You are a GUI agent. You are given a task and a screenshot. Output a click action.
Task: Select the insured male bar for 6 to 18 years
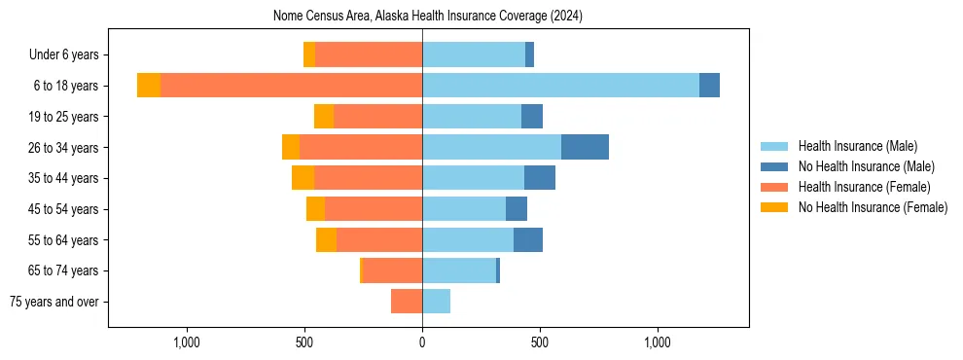coord(560,86)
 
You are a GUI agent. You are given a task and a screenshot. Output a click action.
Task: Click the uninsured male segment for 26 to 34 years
coord(585,147)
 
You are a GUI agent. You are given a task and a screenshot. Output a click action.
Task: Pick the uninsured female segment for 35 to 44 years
coord(303,178)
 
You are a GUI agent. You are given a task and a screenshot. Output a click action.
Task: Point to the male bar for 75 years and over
coord(436,302)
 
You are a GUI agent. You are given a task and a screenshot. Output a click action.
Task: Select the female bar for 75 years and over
coord(407,302)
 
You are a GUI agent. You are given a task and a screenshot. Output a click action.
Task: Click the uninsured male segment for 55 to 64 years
coord(527,239)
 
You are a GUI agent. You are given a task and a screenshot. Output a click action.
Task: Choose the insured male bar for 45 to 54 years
coord(464,209)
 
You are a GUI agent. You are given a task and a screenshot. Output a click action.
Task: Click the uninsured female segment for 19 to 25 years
coord(324,117)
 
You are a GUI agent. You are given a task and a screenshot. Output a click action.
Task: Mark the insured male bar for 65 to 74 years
coord(459,270)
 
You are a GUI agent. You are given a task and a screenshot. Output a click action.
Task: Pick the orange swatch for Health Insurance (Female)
coord(774,187)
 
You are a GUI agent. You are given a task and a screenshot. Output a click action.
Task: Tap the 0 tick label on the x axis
coord(422,342)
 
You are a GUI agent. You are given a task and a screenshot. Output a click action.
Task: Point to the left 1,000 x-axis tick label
coord(186,342)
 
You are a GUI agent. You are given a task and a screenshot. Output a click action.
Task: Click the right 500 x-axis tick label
coord(540,342)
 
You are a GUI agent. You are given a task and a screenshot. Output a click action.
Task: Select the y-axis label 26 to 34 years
coord(63,148)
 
